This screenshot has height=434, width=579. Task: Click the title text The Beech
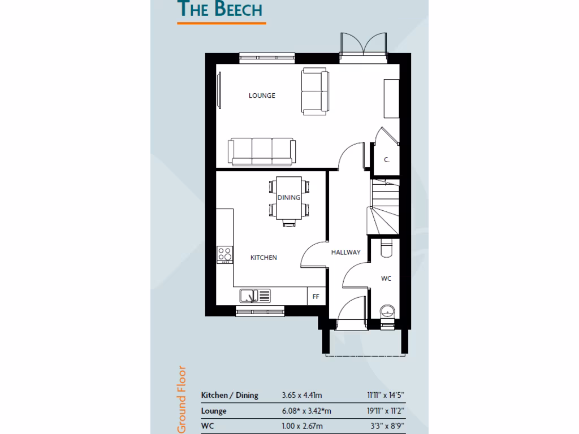pyautogui.click(x=221, y=10)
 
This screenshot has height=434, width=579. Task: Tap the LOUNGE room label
pyautogui.click(x=262, y=96)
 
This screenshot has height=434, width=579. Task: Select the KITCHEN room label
pyautogui.click(x=263, y=258)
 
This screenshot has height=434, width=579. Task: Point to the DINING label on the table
pyautogui.click(x=288, y=198)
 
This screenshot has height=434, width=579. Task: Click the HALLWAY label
pyautogui.click(x=345, y=253)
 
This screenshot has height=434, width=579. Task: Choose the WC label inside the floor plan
pyautogui.click(x=386, y=279)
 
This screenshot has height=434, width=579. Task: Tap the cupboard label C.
pyautogui.click(x=387, y=160)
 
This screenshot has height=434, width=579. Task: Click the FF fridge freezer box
pyautogui.click(x=316, y=296)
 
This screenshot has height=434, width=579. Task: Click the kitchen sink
pyautogui.click(x=255, y=295)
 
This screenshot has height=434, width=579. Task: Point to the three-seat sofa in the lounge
pyautogui.click(x=261, y=151)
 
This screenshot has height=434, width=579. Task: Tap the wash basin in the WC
pyautogui.click(x=387, y=311)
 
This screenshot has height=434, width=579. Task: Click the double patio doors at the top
pyautogui.click(x=363, y=45)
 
